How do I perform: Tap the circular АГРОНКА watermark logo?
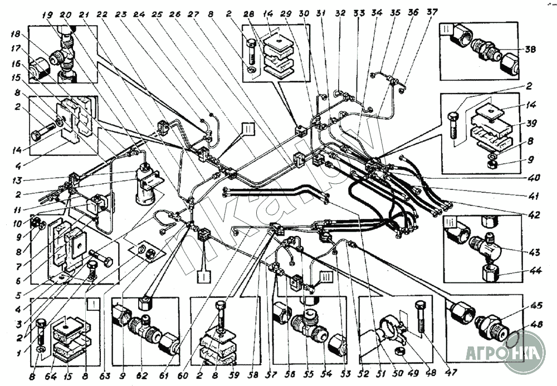click(523, 351)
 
